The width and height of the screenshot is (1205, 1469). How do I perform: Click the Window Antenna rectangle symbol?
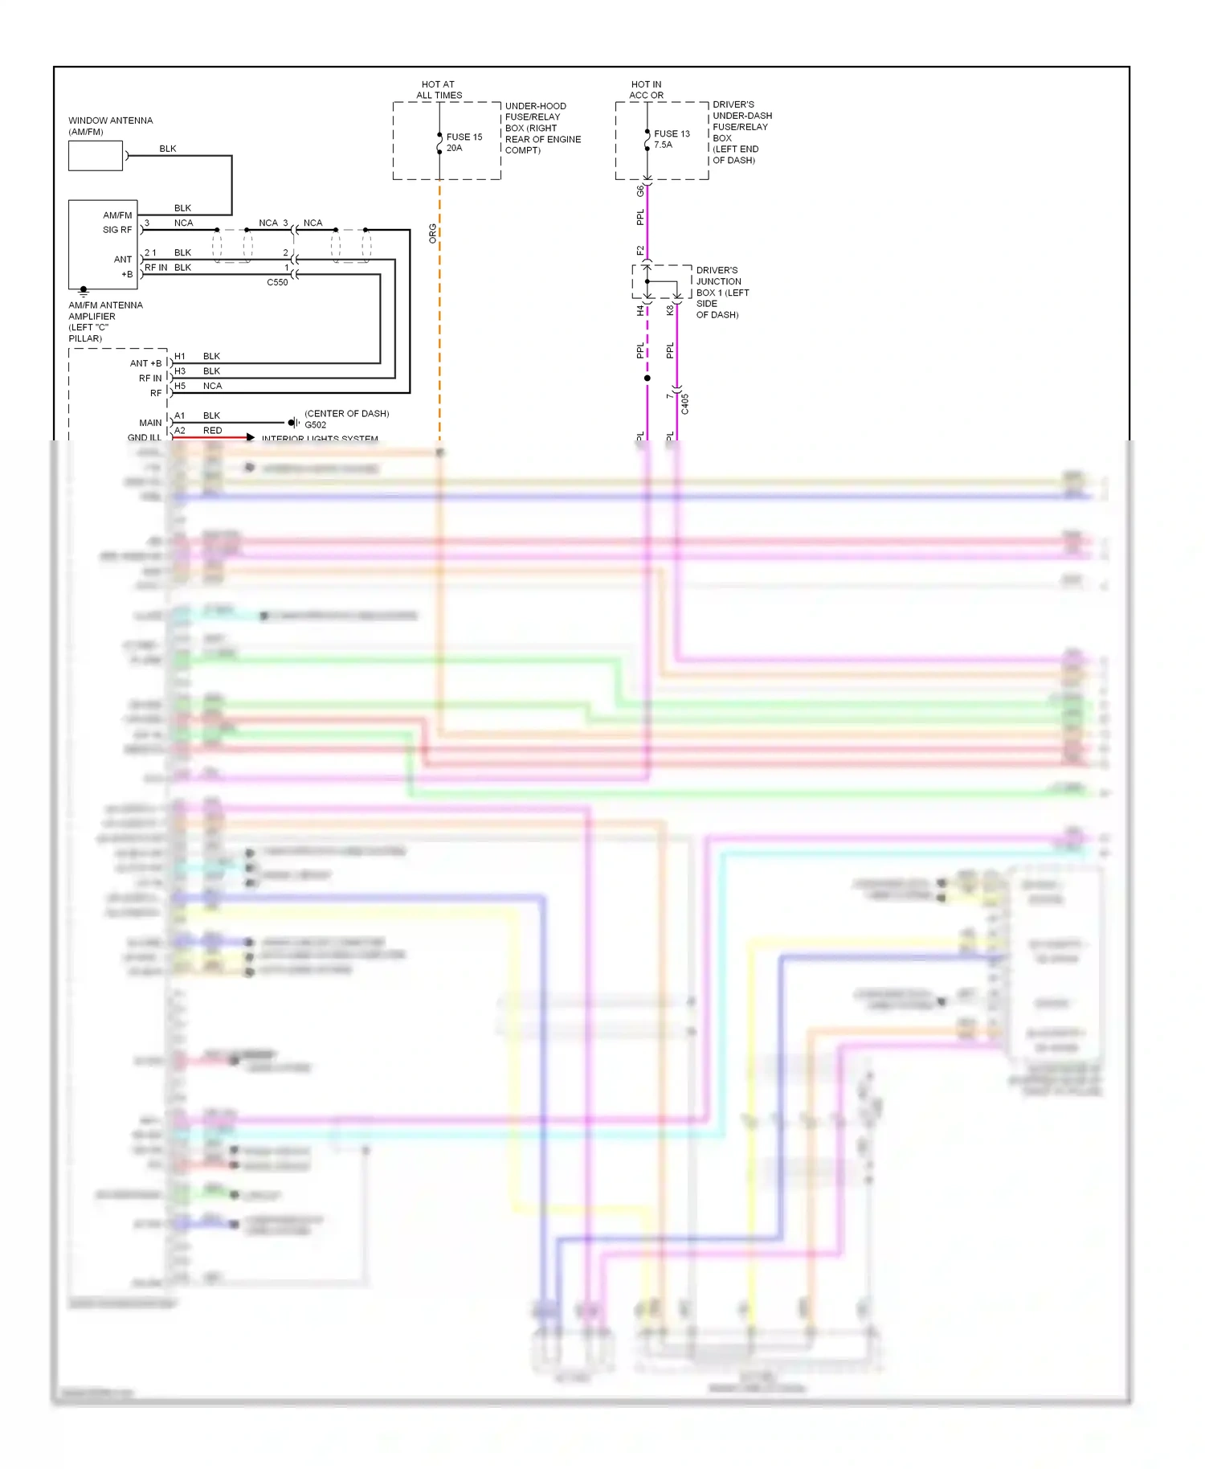coord(96,156)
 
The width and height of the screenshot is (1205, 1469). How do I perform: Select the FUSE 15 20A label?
coord(464,142)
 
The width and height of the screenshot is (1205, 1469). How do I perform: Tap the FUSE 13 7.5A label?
coord(671,139)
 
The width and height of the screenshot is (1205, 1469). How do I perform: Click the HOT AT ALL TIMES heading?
coord(439,89)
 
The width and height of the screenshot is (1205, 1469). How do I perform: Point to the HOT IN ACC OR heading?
coord(646,89)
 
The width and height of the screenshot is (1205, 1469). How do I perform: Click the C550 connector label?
coord(277,282)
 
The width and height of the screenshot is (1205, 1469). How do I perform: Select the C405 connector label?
coord(684,403)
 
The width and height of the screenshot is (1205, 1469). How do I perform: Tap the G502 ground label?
coord(316,425)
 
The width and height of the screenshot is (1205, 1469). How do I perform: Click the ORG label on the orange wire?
coord(432,233)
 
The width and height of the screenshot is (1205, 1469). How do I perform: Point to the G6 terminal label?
coord(640,190)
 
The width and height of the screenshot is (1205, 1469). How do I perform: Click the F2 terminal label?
coord(640,250)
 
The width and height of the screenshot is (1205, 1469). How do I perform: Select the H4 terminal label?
coord(640,309)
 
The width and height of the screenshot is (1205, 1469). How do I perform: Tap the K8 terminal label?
coord(670,309)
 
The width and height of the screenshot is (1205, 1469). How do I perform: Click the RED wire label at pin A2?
coord(212,431)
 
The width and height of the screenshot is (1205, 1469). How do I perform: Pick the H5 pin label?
coord(180,386)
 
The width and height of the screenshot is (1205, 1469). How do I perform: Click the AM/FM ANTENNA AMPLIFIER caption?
coord(105,321)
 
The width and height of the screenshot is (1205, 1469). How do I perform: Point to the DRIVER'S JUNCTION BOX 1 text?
coord(721,292)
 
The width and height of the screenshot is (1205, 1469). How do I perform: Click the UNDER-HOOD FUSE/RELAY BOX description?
coord(542,128)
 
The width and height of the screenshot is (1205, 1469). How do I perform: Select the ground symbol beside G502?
coord(293,422)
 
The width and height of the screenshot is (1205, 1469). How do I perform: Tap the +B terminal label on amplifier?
coord(127,274)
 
